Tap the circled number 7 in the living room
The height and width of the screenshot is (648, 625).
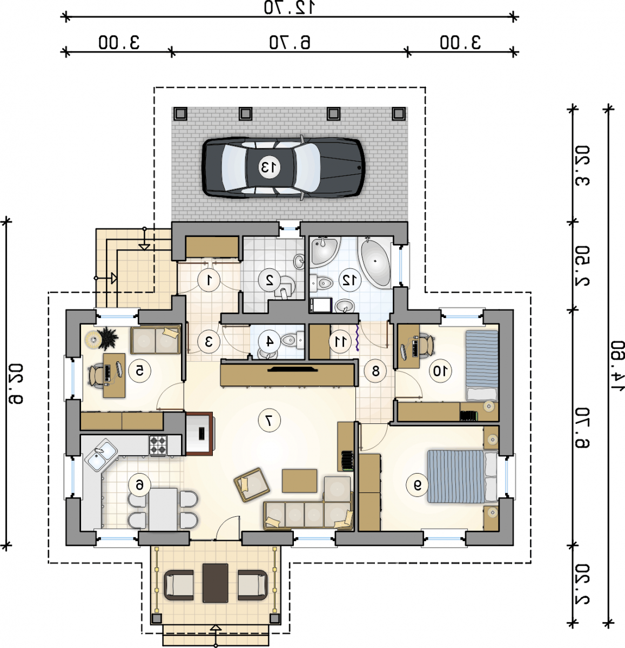coord(269,421)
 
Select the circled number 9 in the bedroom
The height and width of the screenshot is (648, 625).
coord(417,485)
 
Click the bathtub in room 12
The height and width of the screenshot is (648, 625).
coord(375,261)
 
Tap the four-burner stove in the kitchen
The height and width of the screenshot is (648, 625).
coord(158,446)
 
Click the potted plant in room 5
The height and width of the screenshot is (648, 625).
coord(107,339)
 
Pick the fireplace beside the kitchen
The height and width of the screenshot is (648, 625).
coord(199,434)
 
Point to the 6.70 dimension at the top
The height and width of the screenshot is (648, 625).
coord(290,43)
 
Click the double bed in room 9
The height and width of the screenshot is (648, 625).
coord(462,476)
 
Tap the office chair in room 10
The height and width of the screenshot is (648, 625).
coord(427,346)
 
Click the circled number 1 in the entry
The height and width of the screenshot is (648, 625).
coord(209,280)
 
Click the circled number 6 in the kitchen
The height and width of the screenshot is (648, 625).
coord(139,485)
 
